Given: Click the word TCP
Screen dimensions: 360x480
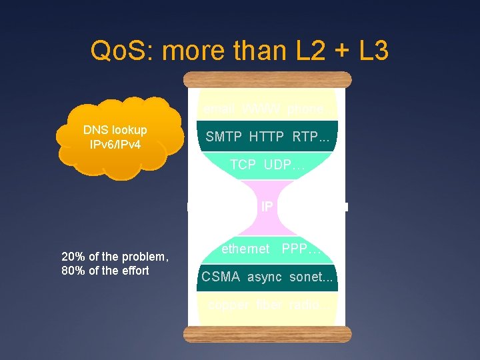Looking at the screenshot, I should [x=243, y=165].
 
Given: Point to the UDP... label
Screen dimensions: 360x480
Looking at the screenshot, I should [x=284, y=165].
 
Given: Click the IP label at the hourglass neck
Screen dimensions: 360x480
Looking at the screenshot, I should [x=267, y=207].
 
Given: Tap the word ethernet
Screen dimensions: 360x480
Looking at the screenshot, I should [x=245, y=249].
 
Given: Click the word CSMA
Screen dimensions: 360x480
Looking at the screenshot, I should [x=221, y=277].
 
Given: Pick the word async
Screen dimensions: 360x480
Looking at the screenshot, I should [x=265, y=277].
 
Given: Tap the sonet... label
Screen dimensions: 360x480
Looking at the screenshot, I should [x=311, y=277].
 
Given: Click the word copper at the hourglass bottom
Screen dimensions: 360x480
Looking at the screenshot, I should [x=228, y=305].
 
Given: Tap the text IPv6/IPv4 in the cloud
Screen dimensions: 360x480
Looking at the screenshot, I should [x=115, y=143].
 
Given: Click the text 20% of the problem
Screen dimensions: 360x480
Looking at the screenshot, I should [x=114, y=257].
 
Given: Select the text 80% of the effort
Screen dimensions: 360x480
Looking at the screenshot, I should [x=105, y=270].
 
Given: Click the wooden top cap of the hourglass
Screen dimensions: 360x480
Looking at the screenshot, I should [x=267, y=79].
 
